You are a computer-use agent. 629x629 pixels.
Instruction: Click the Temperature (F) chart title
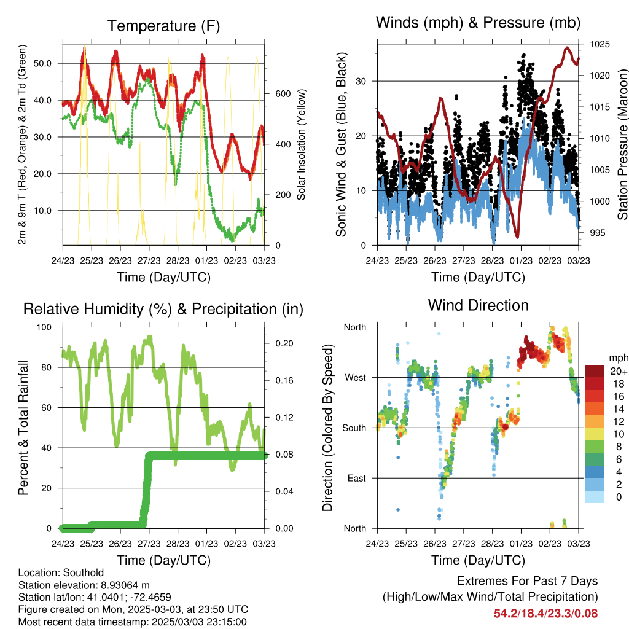(x=163, y=26)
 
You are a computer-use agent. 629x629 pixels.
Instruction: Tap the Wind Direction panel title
(x=478, y=305)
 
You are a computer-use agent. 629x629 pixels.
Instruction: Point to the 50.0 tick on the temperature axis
(x=43, y=63)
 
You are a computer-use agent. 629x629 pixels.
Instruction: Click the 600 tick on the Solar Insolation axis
(x=283, y=94)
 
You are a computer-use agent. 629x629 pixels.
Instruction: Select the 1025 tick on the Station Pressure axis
(x=600, y=44)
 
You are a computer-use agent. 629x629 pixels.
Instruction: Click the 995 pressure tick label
(x=597, y=233)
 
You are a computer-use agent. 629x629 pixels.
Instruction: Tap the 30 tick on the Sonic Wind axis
(x=361, y=82)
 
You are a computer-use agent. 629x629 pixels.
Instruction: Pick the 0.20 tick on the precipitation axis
(x=284, y=343)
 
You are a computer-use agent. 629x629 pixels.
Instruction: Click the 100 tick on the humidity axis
(x=44, y=327)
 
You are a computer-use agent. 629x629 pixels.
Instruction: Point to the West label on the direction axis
(x=356, y=378)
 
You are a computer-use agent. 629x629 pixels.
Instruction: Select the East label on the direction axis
(x=357, y=478)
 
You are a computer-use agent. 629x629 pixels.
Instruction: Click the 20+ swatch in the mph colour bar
(x=595, y=371)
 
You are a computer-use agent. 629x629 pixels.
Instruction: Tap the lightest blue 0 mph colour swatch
(x=595, y=497)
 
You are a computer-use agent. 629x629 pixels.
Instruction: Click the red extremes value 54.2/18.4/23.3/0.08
(x=545, y=614)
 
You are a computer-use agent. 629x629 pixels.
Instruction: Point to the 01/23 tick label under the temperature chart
(x=206, y=260)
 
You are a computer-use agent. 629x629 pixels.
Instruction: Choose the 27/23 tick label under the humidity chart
(x=149, y=544)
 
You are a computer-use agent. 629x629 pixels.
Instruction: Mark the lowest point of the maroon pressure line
(x=517, y=237)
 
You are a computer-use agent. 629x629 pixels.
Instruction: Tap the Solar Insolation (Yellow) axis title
(x=301, y=144)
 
